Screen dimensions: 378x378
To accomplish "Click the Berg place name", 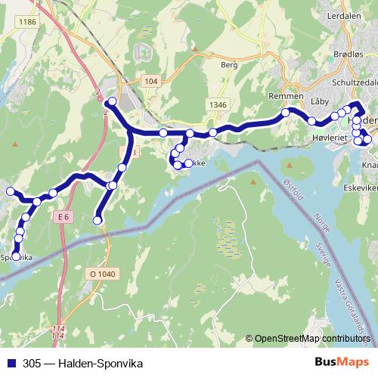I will click(229, 66).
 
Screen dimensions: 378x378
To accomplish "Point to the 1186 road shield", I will click(29, 22).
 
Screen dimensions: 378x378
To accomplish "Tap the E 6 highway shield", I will click(63, 217).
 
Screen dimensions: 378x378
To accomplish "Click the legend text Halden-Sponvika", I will click(100, 362).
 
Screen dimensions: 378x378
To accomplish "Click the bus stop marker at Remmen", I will click(286, 113).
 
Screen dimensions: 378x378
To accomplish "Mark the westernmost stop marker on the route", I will click(11, 191).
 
